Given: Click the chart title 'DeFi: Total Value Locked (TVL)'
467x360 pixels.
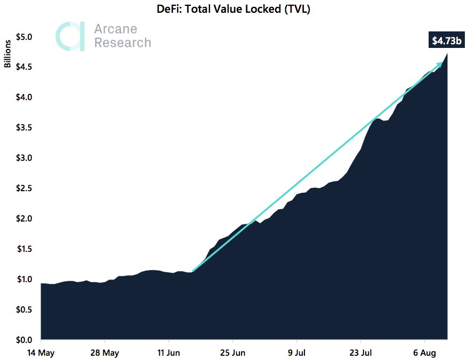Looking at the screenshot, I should tap(234, 9).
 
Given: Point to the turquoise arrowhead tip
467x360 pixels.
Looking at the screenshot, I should tap(442, 63).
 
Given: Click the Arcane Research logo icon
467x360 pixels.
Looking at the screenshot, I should tap(70, 36).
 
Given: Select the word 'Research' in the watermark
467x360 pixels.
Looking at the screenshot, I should tap(123, 43).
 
